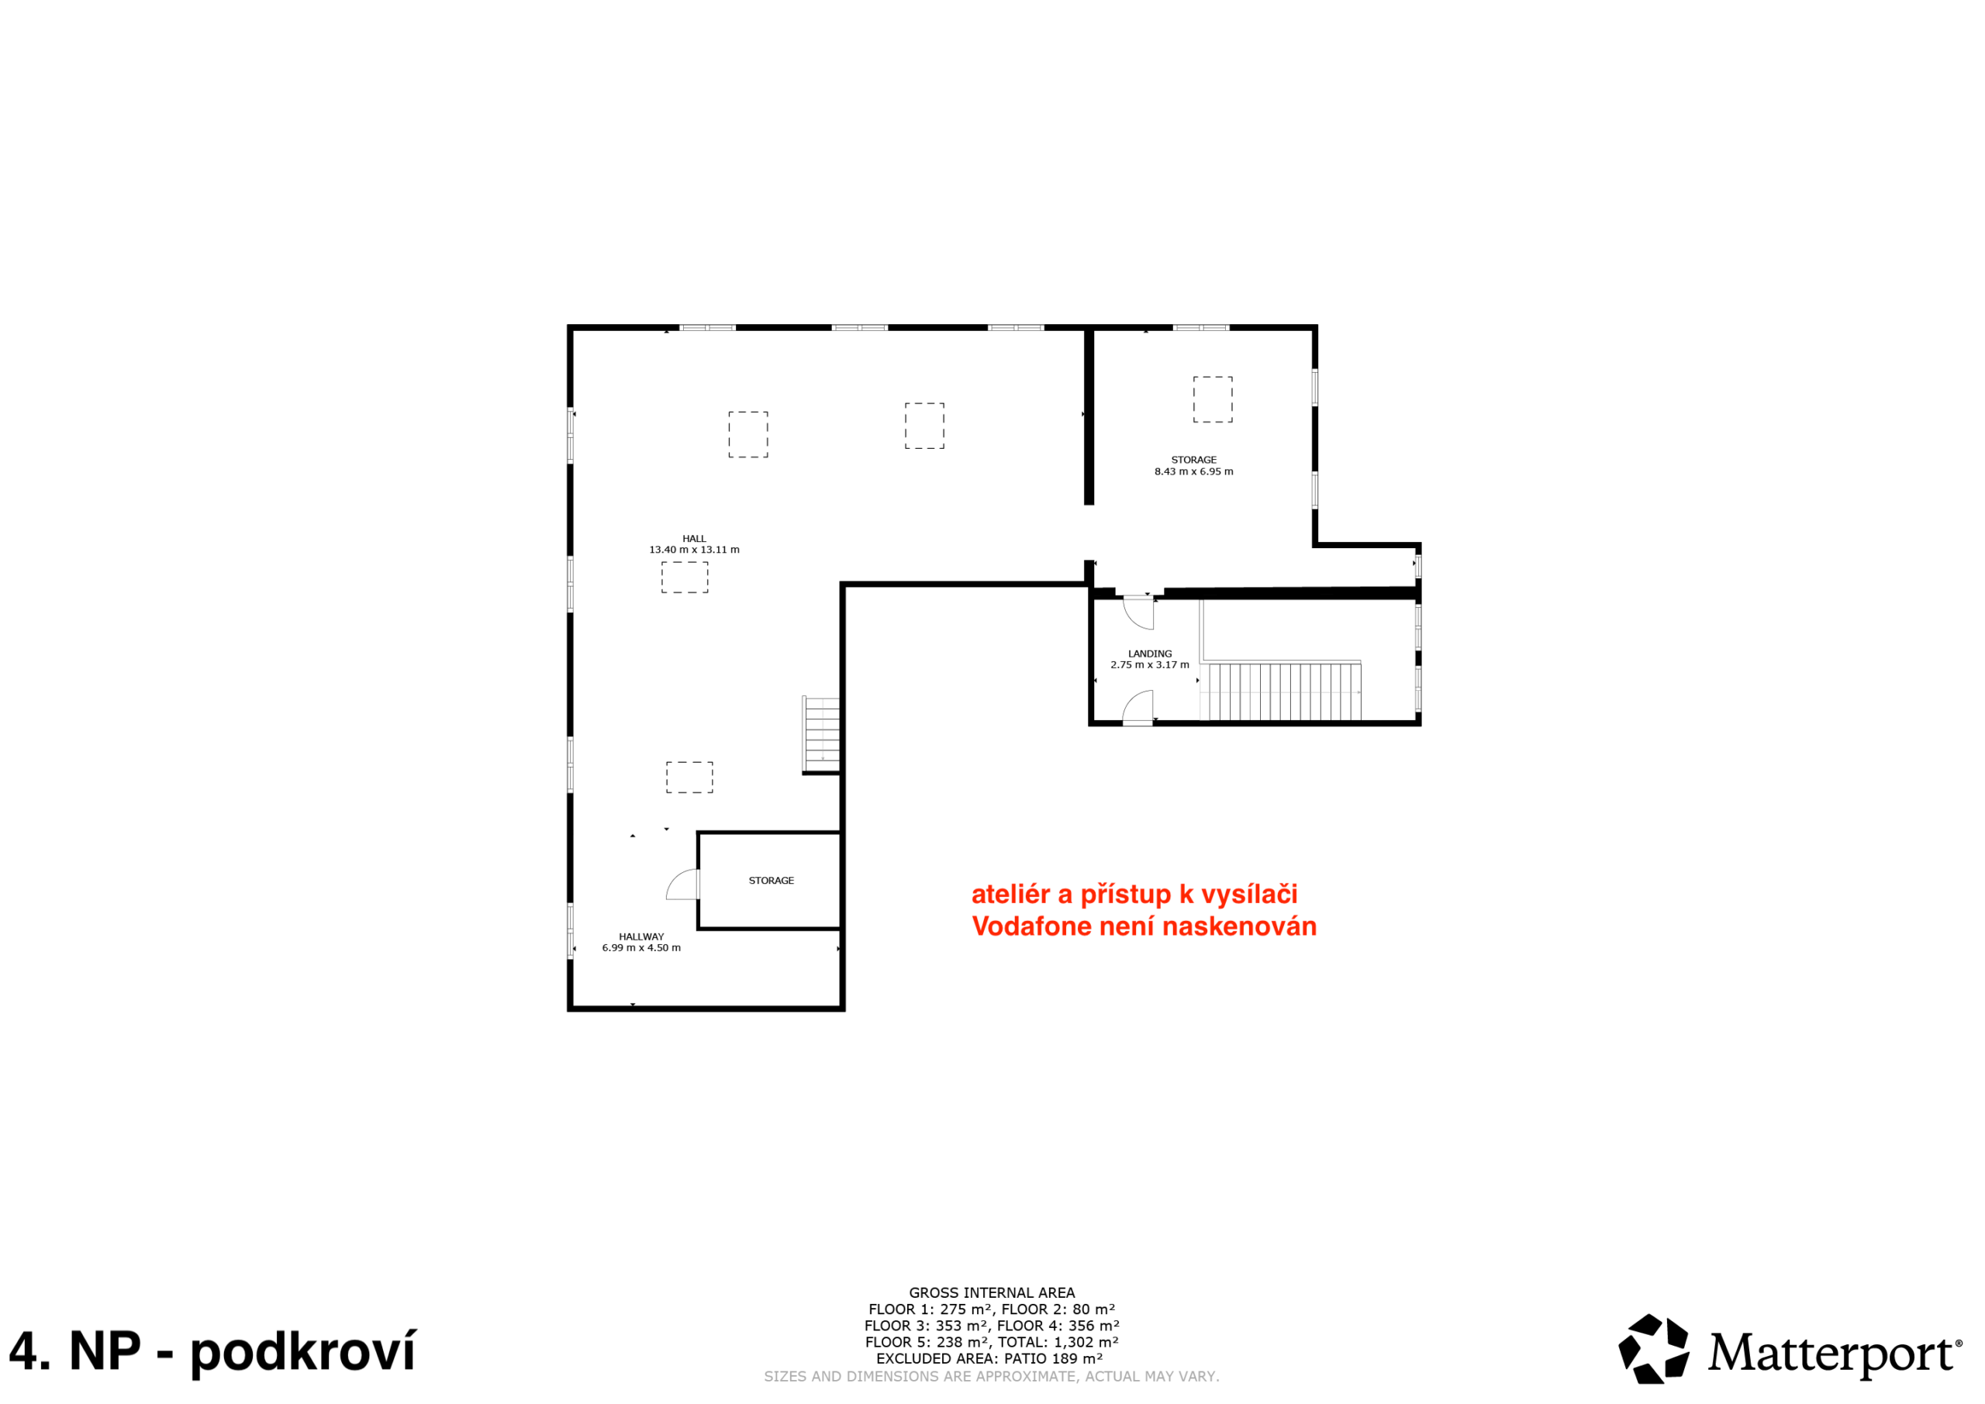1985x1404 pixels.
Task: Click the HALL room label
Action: coord(694,539)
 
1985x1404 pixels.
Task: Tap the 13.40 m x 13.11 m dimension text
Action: coord(694,550)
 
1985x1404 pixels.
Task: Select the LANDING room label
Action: coord(1150,654)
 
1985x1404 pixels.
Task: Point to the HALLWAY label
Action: coord(641,937)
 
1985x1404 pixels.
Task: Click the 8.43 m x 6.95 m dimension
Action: coord(1194,472)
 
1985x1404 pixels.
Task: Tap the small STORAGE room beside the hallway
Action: coord(769,881)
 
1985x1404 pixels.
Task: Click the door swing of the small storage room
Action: coord(682,885)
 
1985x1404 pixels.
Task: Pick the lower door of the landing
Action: coord(1137,706)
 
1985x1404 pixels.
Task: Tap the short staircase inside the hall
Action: coord(821,734)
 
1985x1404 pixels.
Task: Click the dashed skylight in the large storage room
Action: coord(1213,399)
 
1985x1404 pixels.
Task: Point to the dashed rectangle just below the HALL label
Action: coord(685,578)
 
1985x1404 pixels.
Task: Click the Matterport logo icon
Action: coord(1654,1349)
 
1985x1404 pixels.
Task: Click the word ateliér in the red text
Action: coord(1010,893)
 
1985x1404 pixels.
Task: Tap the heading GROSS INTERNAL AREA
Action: coord(992,1292)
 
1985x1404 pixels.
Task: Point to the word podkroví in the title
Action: coord(302,1352)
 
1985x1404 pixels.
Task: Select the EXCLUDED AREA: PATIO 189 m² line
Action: coord(990,1358)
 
